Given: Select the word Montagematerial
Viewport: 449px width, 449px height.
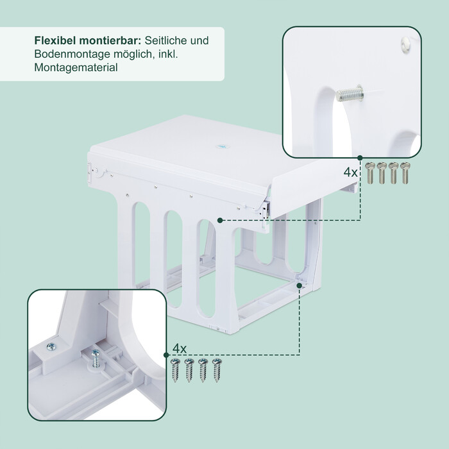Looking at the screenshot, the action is coord(76,67).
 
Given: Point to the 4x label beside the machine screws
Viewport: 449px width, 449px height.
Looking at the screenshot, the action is coord(350,173).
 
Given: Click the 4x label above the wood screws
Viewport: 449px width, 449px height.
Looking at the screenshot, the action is coord(180,348).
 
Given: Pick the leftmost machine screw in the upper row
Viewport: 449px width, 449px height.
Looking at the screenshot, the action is coord(370,173).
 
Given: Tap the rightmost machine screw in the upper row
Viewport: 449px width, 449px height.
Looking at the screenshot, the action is coord(404,173).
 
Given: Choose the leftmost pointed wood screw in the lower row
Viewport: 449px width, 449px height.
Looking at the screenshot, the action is coord(175,370).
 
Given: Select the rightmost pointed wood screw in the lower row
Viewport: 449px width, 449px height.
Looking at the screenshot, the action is coord(217,370).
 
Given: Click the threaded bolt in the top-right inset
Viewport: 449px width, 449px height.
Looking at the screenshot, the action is coord(350,94).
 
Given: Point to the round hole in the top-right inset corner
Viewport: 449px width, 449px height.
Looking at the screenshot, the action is coord(405,45).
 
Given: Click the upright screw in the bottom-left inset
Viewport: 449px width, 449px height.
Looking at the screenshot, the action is coord(96,359).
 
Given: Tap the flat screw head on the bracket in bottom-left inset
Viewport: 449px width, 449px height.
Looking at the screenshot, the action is coord(51,347).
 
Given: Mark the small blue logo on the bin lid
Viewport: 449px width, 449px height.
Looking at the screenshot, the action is coord(223,146).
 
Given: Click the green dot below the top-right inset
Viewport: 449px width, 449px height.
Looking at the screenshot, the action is coord(360,158).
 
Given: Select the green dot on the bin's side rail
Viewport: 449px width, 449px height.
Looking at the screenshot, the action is coord(220,220).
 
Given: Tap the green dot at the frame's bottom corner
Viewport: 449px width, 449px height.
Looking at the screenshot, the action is coord(300,285).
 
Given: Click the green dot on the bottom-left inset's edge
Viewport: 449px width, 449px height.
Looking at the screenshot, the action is coord(166,355).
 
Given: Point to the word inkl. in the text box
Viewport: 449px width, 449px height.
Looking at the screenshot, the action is coord(168,54).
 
